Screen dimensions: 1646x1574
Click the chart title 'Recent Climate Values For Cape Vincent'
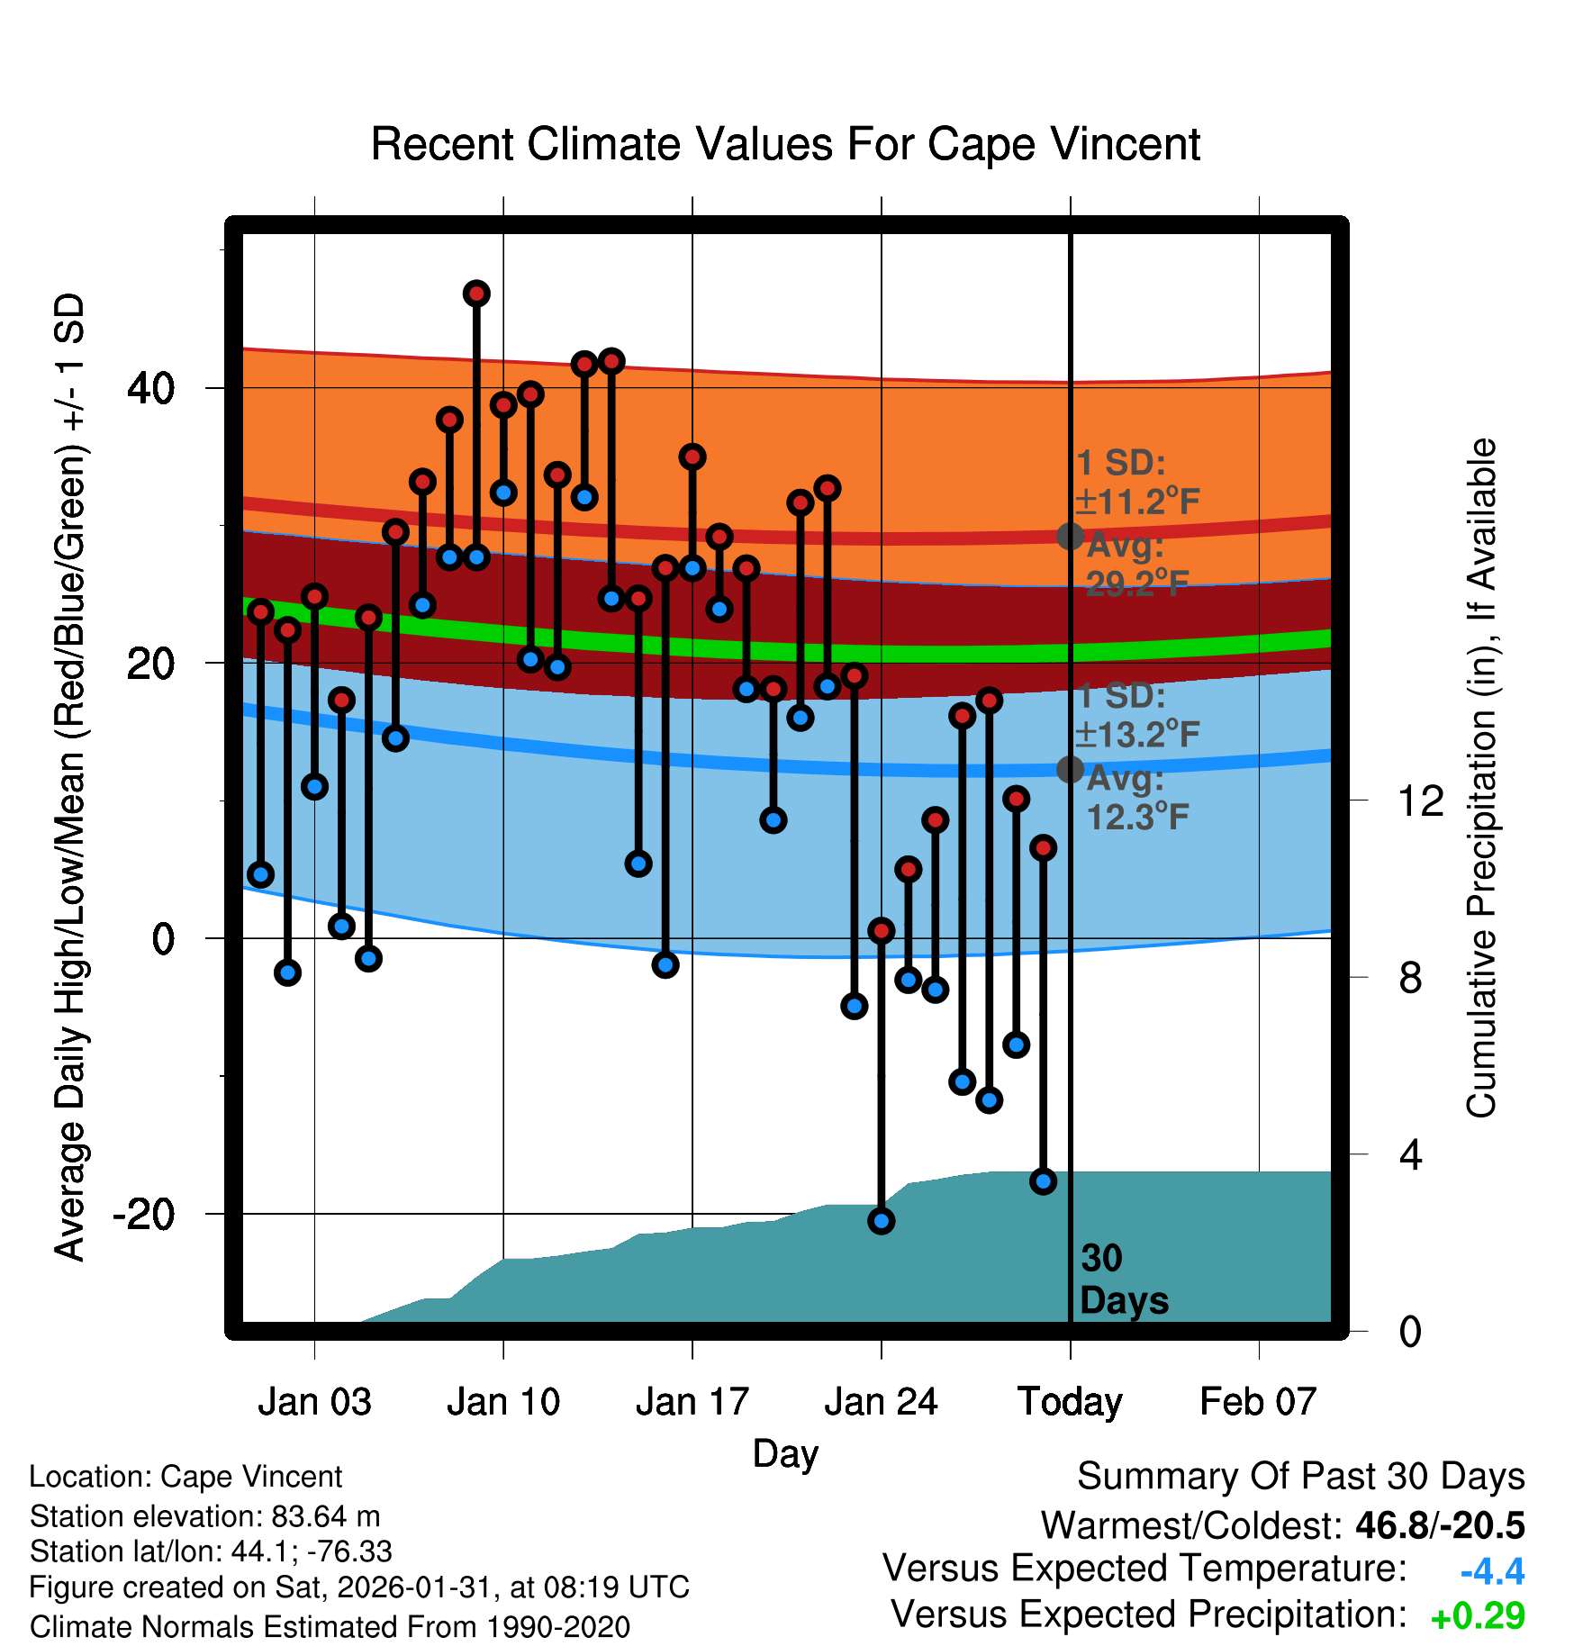pyautogui.click(x=785, y=144)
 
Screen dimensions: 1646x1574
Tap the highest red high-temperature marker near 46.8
pyautogui.click(x=476, y=294)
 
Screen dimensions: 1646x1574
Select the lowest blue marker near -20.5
pyautogui.click(x=881, y=1221)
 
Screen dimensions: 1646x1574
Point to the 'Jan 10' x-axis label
pyautogui.click(x=503, y=1402)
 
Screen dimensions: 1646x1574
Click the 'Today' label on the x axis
pyautogui.click(x=1070, y=1402)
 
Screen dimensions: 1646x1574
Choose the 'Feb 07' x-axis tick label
pyautogui.click(x=1258, y=1402)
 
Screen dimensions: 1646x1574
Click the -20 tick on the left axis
pyautogui.click(x=143, y=1214)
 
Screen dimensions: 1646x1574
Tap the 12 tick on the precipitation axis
pyautogui.click(x=1421, y=800)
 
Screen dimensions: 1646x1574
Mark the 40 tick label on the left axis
pyautogui.click(x=150, y=388)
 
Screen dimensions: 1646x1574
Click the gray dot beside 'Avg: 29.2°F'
pyautogui.click(x=1070, y=537)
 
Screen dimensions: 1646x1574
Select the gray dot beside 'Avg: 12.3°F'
pyautogui.click(x=1070, y=769)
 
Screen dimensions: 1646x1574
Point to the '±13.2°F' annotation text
pyautogui.click(x=1137, y=735)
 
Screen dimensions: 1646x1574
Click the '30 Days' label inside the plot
pyautogui.click(x=1123, y=1280)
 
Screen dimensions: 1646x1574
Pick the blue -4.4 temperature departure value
pyautogui.click(x=1492, y=1571)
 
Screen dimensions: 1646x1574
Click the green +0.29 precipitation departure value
pyautogui.click(x=1478, y=1616)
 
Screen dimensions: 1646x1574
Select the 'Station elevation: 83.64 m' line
pyautogui.click(x=204, y=1516)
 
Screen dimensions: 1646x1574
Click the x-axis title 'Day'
pyautogui.click(x=785, y=1453)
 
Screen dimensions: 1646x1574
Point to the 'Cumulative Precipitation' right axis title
pyautogui.click(x=1481, y=778)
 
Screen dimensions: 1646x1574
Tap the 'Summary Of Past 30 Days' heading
pyautogui.click(x=1300, y=1477)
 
